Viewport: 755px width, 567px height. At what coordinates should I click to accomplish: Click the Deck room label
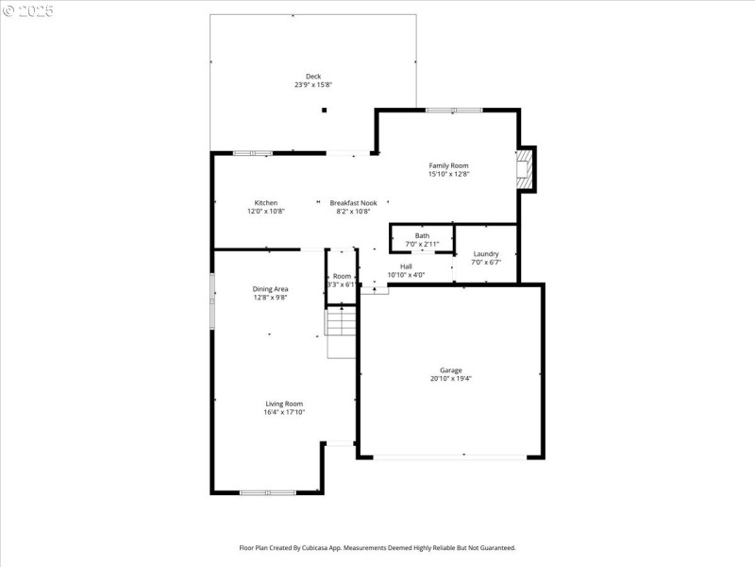coord(312,77)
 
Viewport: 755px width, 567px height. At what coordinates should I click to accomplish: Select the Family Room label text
coord(448,165)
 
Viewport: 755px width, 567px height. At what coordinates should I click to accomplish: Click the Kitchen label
coord(265,202)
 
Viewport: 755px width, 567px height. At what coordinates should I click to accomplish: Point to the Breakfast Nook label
coord(353,202)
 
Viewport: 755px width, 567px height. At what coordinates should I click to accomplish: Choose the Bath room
coord(422,239)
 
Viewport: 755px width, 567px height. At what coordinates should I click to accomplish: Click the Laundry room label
coord(486,253)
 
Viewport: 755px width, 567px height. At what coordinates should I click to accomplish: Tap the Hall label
coord(406,266)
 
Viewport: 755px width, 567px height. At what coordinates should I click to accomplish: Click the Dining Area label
coord(270,288)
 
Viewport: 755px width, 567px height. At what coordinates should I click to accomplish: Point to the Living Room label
coord(283,404)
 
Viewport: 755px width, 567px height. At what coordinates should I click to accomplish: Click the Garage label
coord(450,369)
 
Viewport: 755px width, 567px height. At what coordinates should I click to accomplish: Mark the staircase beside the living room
coord(340,333)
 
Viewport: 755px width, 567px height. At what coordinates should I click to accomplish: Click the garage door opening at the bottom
coord(450,457)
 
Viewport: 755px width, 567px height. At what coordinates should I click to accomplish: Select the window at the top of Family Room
coord(454,111)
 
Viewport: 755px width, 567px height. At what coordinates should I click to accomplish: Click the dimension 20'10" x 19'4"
coord(450,379)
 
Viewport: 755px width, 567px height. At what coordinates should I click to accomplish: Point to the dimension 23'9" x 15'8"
coord(312,85)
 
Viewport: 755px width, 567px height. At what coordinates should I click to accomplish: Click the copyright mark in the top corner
coord(8,10)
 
